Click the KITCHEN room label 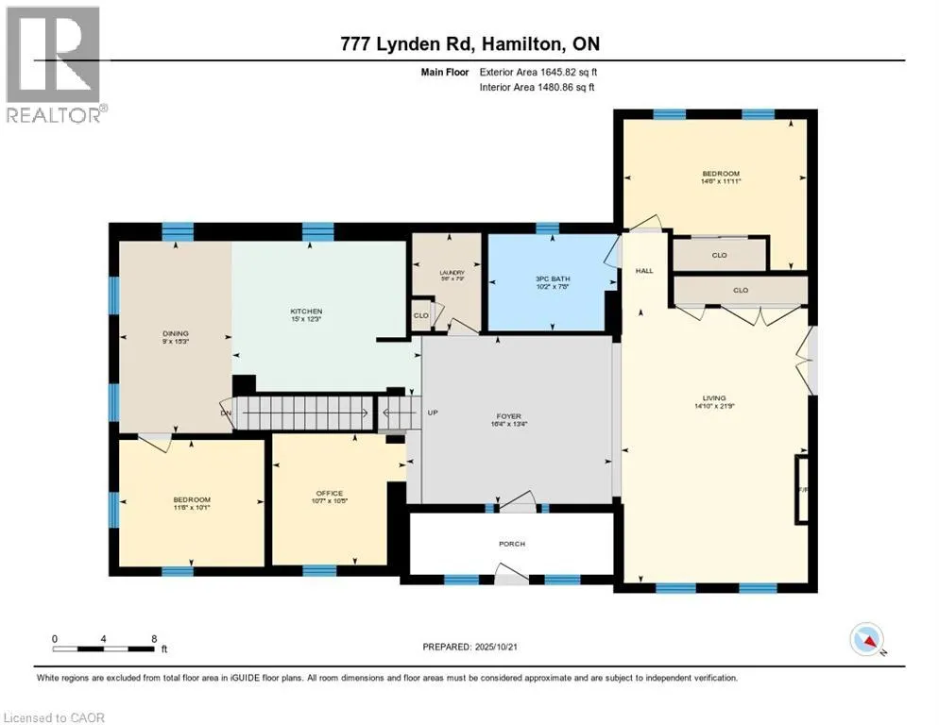click(306, 312)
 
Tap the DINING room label click(175, 333)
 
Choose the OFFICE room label click(329, 493)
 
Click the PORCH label click(512, 544)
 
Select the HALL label click(644, 271)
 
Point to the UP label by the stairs click(433, 413)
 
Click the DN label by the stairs click(226, 413)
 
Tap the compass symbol click(866, 641)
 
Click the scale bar click(105, 648)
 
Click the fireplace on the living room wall click(803, 489)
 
